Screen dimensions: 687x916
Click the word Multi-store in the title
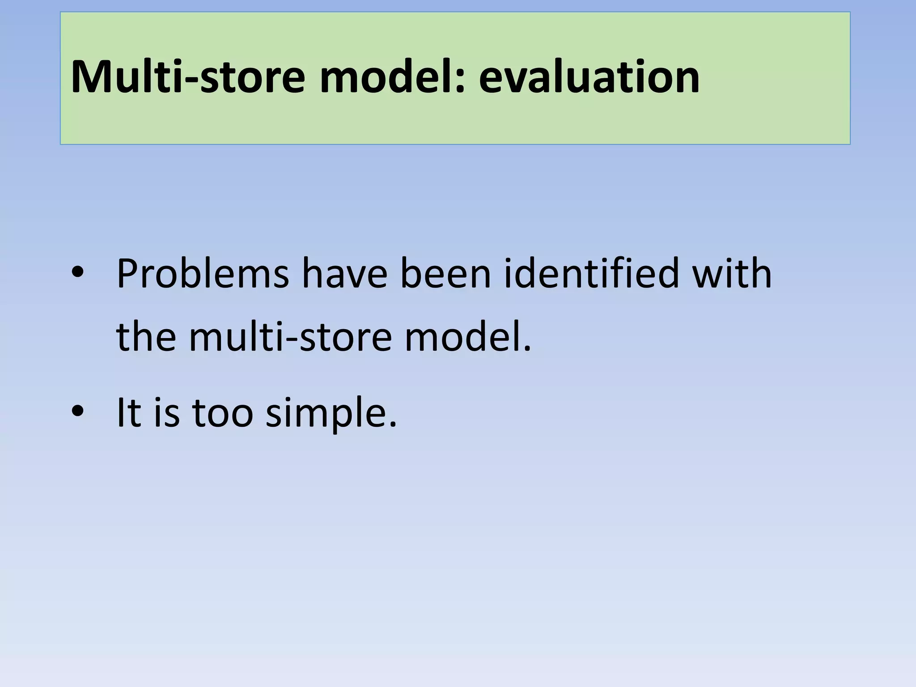pyautogui.click(x=188, y=77)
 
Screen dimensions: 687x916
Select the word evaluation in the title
pyautogui.click(x=589, y=77)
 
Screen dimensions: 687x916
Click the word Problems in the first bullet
pyautogui.click(x=203, y=274)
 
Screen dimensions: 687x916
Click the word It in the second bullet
pyautogui.click(x=129, y=412)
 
